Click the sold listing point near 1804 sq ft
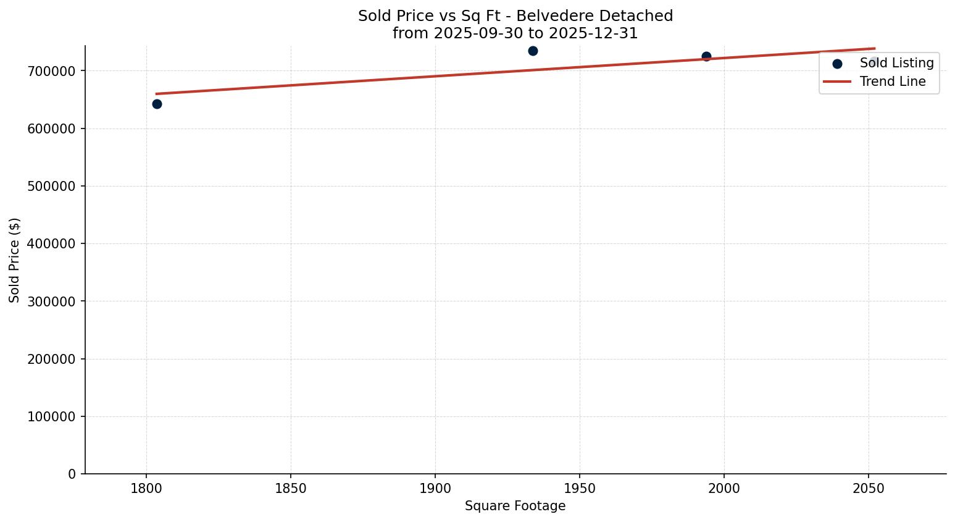pos(157,104)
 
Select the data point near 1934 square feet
pos(533,51)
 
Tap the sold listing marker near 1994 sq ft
pos(706,56)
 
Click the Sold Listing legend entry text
pos(896,63)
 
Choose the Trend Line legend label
pos(893,82)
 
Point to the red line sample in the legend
pos(837,82)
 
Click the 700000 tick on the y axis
pos(52,71)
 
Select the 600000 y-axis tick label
pos(52,128)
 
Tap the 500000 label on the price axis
pos(52,186)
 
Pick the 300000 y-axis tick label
pos(52,301)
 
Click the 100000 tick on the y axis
pos(52,416)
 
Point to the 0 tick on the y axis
pos(72,474)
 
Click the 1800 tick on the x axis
pos(146,489)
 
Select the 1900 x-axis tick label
pos(435,489)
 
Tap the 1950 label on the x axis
pos(580,489)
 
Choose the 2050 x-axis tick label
pos(869,489)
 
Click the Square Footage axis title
pos(515,507)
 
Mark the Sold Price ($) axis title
pos(15,260)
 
